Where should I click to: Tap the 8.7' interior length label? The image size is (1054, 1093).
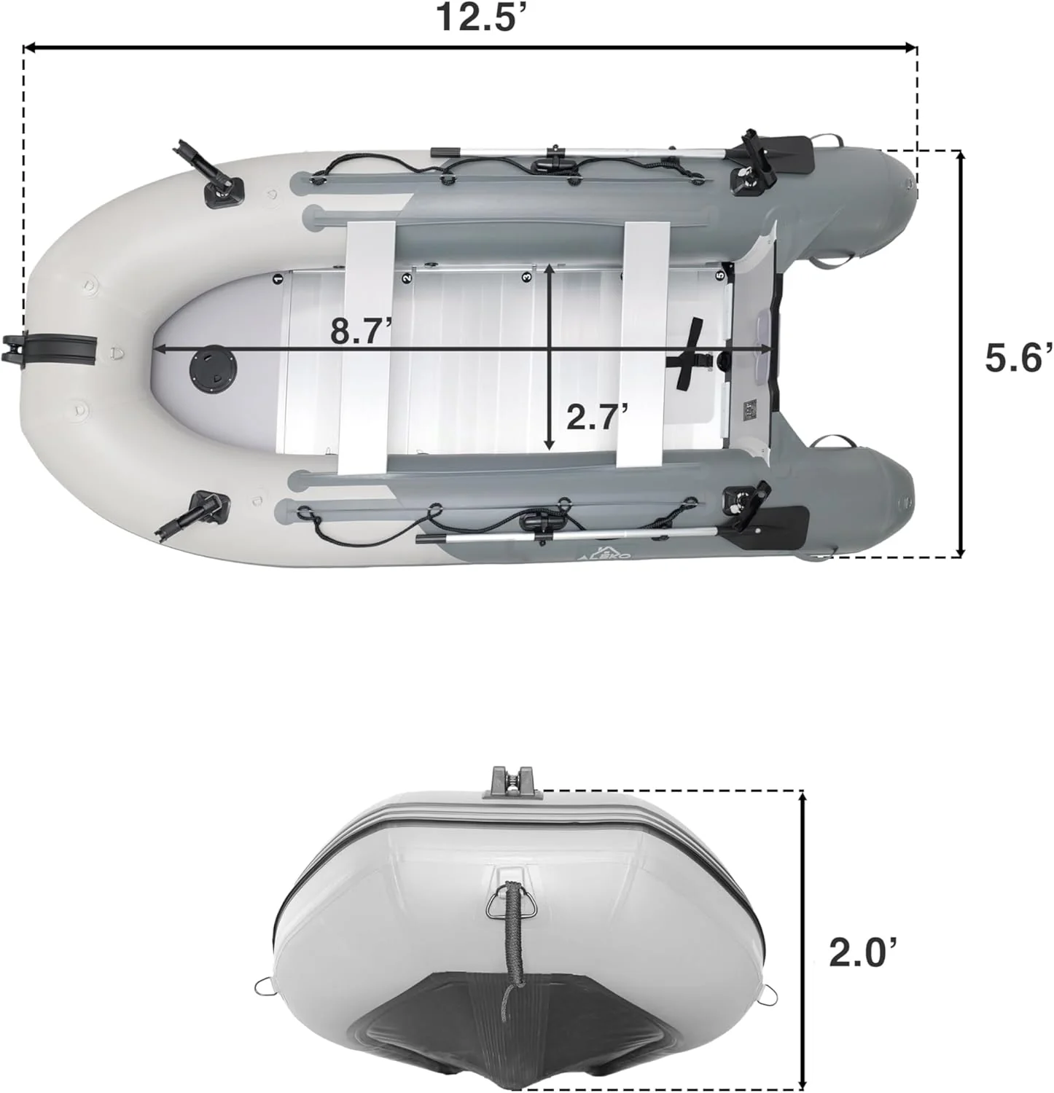coord(361,331)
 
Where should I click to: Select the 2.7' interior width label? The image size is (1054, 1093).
coord(597,418)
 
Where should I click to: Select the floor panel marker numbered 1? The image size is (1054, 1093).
coord(278,278)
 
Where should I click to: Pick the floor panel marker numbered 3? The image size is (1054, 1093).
coord(526,277)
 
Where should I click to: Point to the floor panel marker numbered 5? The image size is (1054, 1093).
coord(720,276)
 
